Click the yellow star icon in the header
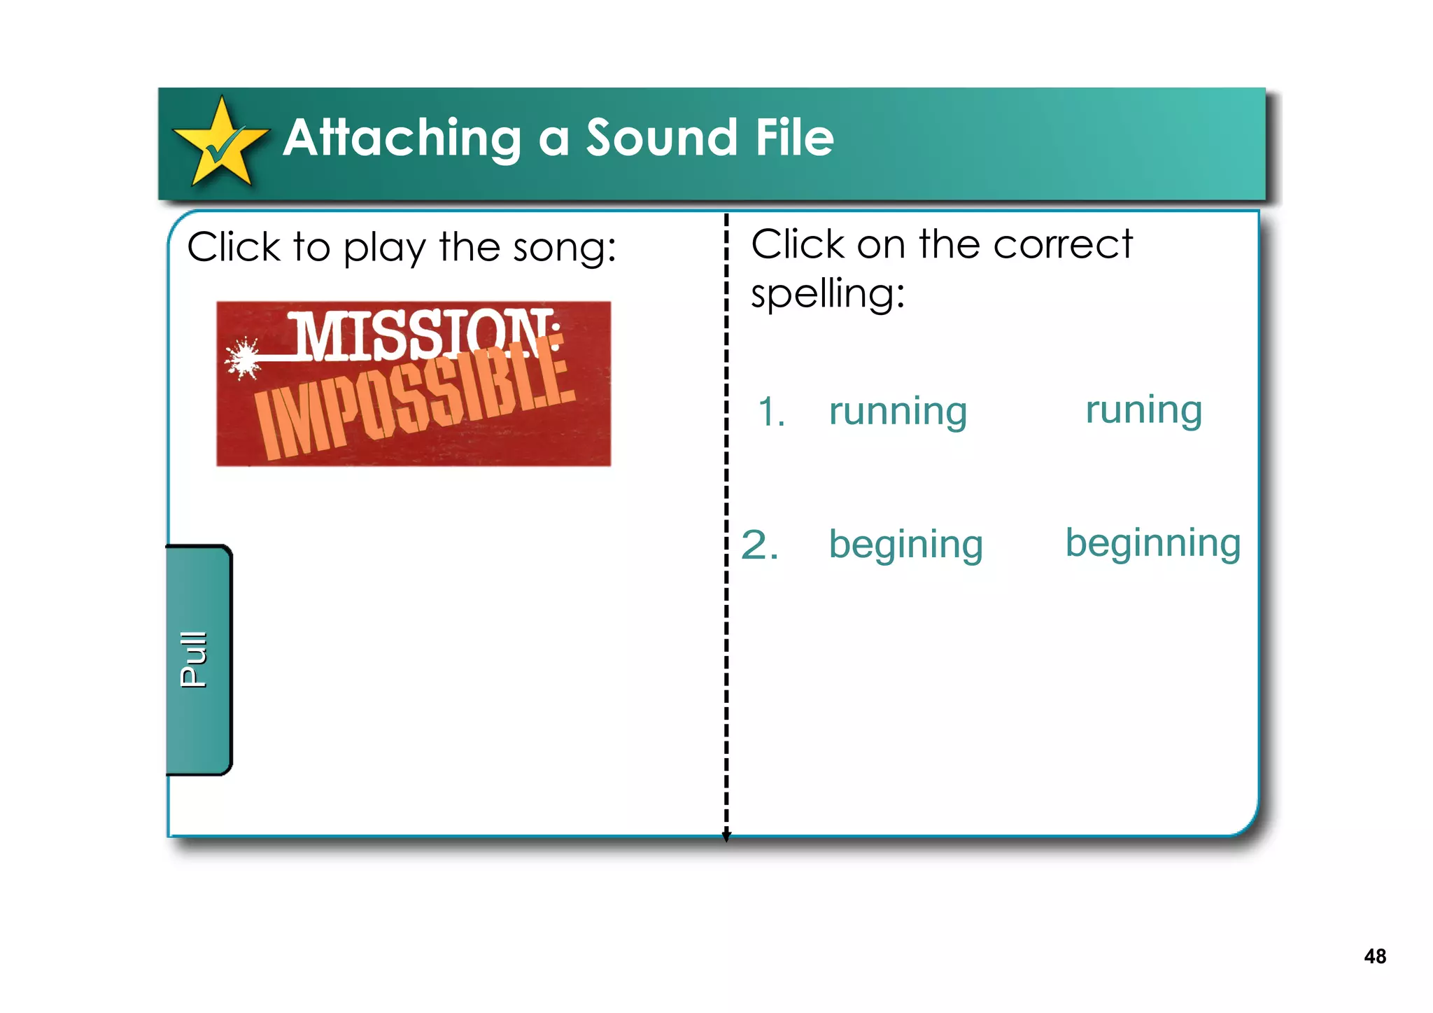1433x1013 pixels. click(221, 143)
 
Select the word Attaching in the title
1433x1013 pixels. click(402, 139)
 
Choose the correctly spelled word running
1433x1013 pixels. click(898, 412)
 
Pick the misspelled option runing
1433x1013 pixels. click(1143, 410)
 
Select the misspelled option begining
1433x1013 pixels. click(905, 545)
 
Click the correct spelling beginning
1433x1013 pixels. click(1152, 543)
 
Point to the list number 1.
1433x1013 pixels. click(771, 412)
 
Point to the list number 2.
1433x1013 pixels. click(759, 545)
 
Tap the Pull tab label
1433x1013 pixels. click(194, 659)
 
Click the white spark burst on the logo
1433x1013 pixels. click(243, 358)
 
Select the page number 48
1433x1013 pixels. click(1374, 956)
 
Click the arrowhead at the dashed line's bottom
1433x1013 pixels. click(726, 835)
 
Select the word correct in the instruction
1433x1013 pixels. click(1062, 245)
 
